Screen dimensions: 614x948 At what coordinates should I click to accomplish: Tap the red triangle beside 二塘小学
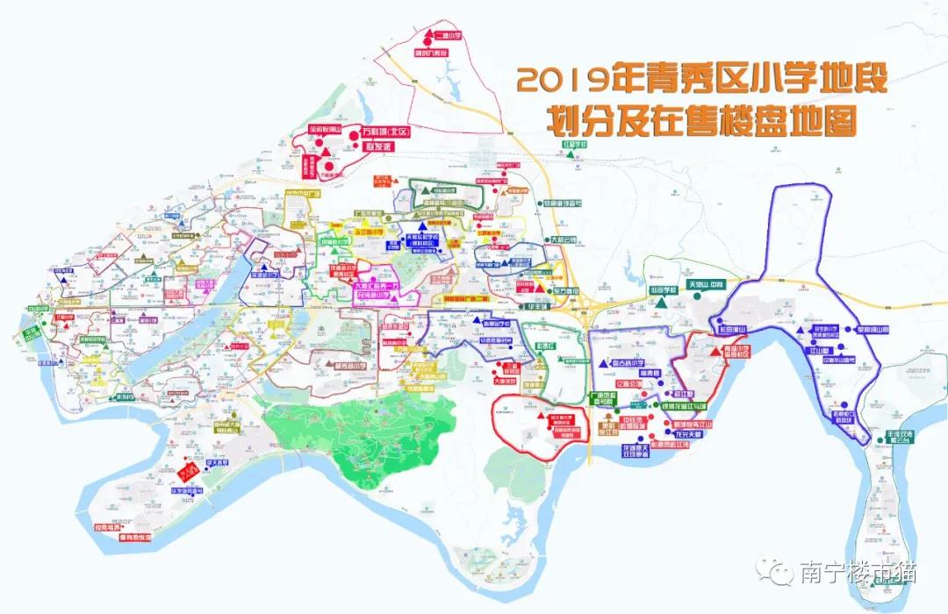428,36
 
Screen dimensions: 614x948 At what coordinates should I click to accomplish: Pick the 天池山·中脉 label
707,285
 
